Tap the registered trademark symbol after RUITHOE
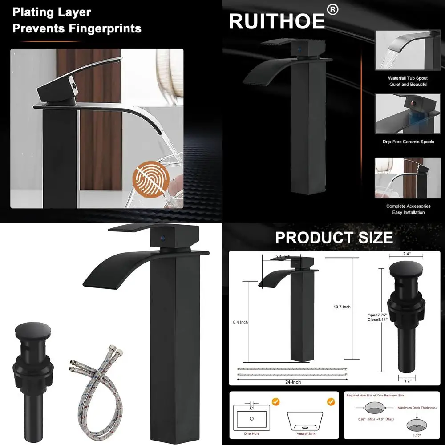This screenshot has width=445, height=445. (x=333, y=9)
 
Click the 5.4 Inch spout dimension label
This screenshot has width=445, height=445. (x=283, y=257)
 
